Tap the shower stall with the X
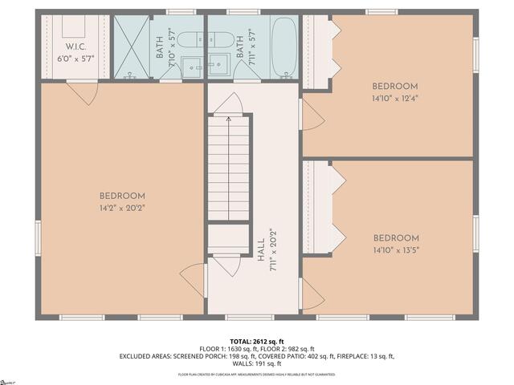130,47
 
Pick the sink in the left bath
191,67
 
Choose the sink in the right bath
220,67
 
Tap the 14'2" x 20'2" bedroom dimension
122,208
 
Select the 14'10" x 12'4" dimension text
395,98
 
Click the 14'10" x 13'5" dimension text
395,249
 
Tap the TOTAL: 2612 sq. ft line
257,341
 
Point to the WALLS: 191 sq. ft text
257,363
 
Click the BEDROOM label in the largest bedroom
122,197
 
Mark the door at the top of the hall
229,103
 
